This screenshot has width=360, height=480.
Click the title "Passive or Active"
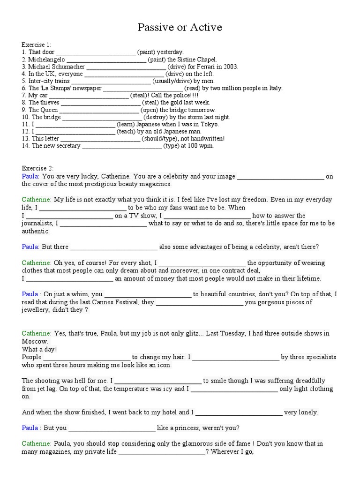coord(180,28)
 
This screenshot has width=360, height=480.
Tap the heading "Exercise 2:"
coord(37,168)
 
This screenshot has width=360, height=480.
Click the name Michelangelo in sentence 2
coord(46,60)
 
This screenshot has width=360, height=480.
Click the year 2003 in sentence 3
coord(231,67)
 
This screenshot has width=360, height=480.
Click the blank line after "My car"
coord(89,96)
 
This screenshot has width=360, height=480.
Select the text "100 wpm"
coord(202,146)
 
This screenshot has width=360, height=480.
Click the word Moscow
coord(34,341)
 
